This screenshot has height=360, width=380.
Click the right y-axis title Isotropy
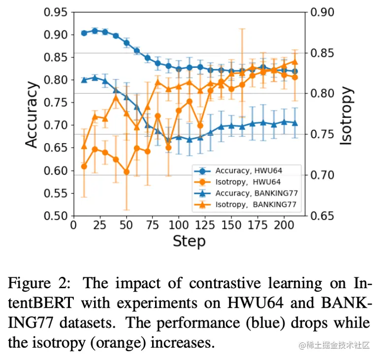tap(347, 115)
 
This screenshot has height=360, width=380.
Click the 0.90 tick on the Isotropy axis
tap(323, 12)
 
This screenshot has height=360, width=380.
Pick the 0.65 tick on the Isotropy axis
tap(323, 216)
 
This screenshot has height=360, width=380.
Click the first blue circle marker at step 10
tap(84, 33)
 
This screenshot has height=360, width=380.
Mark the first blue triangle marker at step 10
tap(84, 80)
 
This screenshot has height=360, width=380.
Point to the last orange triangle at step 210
tap(295, 61)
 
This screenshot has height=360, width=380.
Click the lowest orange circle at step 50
tap(127, 172)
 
